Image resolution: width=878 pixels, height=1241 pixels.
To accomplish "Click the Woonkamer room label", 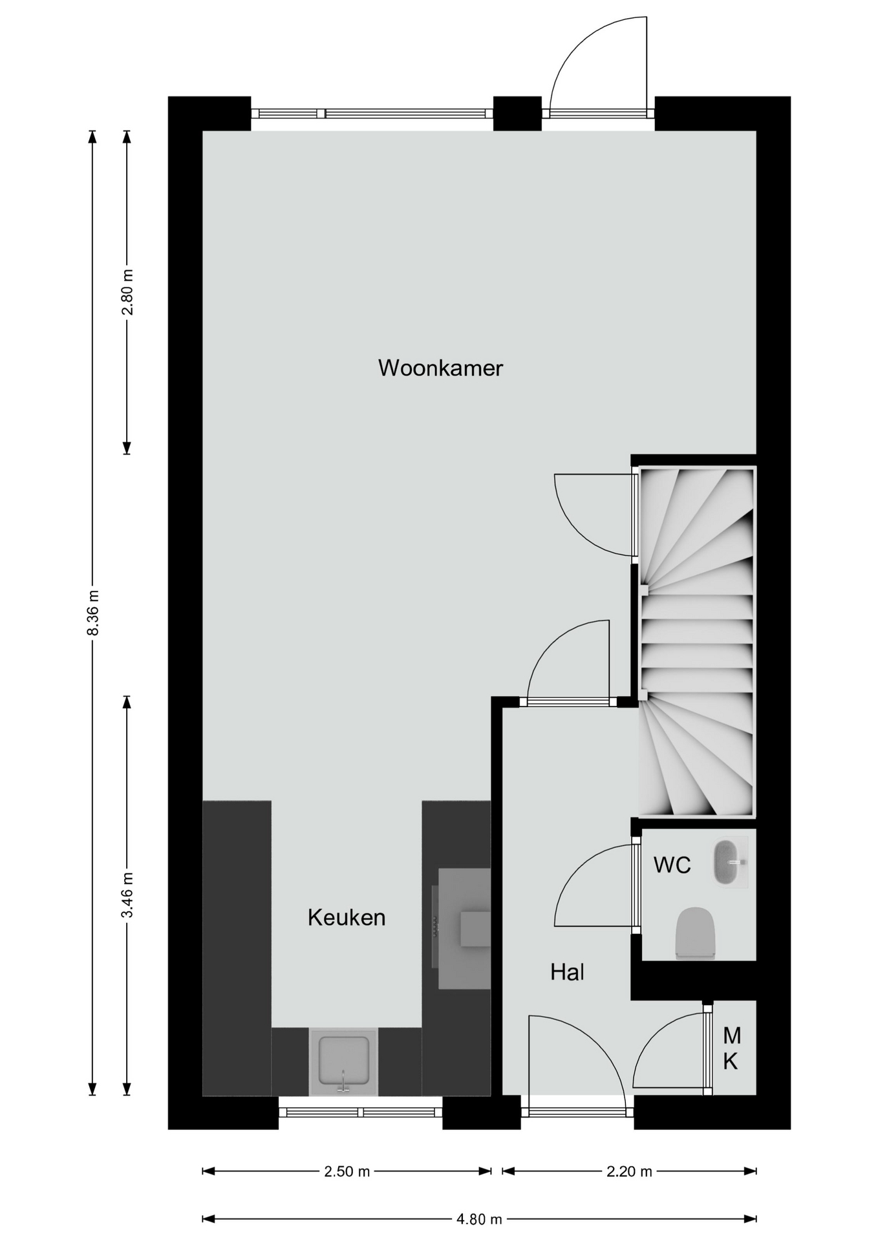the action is tap(440, 368).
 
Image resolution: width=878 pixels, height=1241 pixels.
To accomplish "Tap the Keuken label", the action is tap(347, 917).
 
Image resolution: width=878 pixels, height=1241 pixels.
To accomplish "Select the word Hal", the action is tap(568, 971).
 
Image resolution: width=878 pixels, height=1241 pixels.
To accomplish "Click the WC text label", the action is tap(672, 864).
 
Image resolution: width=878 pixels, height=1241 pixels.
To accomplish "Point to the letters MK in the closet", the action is tap(731, 1048).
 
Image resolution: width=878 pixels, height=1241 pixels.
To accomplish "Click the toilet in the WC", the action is tap(695, 933).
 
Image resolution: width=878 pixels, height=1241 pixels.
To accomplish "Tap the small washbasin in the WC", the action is tap(731, 863).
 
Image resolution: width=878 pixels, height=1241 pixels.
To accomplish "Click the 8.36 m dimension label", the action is tap(93, 612).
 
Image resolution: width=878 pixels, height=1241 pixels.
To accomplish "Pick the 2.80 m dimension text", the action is tap(127, 292).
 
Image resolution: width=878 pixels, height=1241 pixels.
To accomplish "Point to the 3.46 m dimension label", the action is tap(127, 895).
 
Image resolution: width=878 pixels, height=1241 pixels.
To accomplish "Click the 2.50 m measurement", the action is tap(347, 1171).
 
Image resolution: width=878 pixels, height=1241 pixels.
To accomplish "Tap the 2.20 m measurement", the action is tap(629, 1171).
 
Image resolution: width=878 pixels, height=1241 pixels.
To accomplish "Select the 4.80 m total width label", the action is tap(479, 1220).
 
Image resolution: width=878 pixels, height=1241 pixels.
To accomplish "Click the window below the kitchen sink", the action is tap(360, 1112).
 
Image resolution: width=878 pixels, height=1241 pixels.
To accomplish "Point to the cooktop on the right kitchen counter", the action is tap(464, 928).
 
